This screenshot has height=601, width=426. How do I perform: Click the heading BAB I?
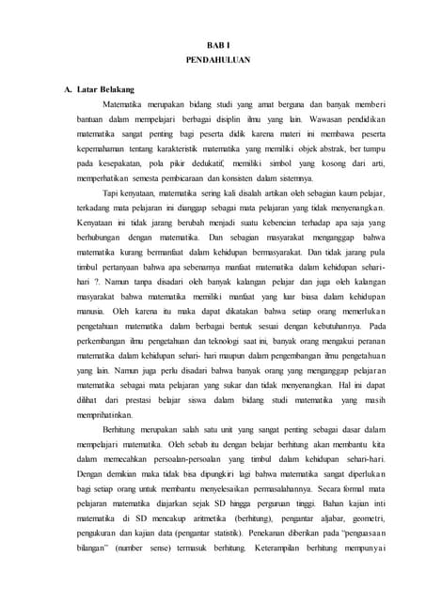(x=213, y=45)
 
